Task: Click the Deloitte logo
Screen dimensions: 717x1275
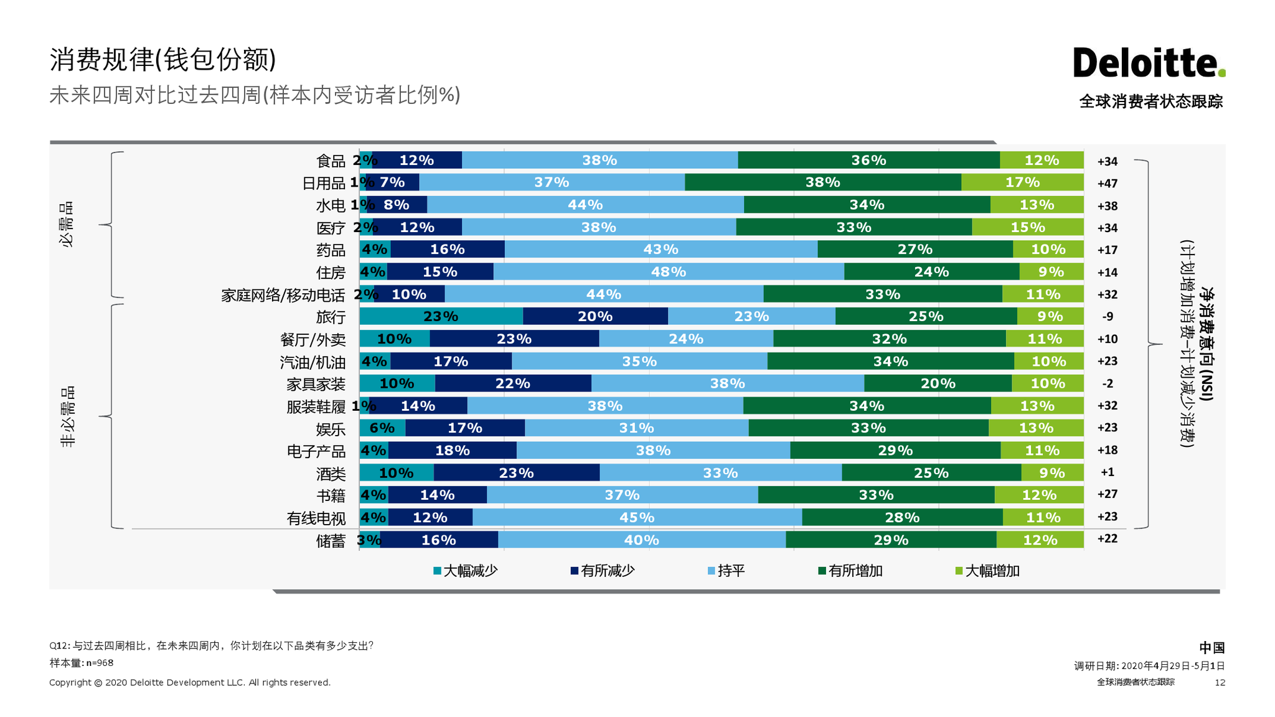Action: coord(1149,63)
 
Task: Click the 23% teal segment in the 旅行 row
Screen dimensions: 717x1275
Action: coord(441,316)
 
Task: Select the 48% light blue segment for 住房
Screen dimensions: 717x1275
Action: coord(668,272)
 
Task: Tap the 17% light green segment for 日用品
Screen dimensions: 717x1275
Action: coord(1022,182)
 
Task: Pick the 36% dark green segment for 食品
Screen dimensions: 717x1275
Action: coord(868,160)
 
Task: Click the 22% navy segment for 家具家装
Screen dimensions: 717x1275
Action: coord(512,383)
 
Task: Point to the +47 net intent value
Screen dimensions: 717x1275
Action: coord(1107,184)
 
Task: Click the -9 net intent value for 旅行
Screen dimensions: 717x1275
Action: coord(1107,317)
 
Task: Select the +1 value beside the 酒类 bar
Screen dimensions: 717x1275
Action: coord(1107,472)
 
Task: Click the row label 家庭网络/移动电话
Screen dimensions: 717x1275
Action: coord(283,295)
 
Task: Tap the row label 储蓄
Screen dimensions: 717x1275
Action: coord(330,541)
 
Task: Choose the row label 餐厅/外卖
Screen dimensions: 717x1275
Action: coord(312,340)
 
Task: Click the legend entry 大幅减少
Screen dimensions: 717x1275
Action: coord(465,571)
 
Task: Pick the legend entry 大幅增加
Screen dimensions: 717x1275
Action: coord(987,571)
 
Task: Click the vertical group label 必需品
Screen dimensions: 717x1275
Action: coord(67,225)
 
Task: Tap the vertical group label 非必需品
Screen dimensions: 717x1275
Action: coord(67,416)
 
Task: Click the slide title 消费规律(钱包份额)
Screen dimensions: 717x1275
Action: coord(162,60)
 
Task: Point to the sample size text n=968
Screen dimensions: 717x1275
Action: coord(100,663)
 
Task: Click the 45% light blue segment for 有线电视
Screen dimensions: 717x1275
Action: coord(636,517)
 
